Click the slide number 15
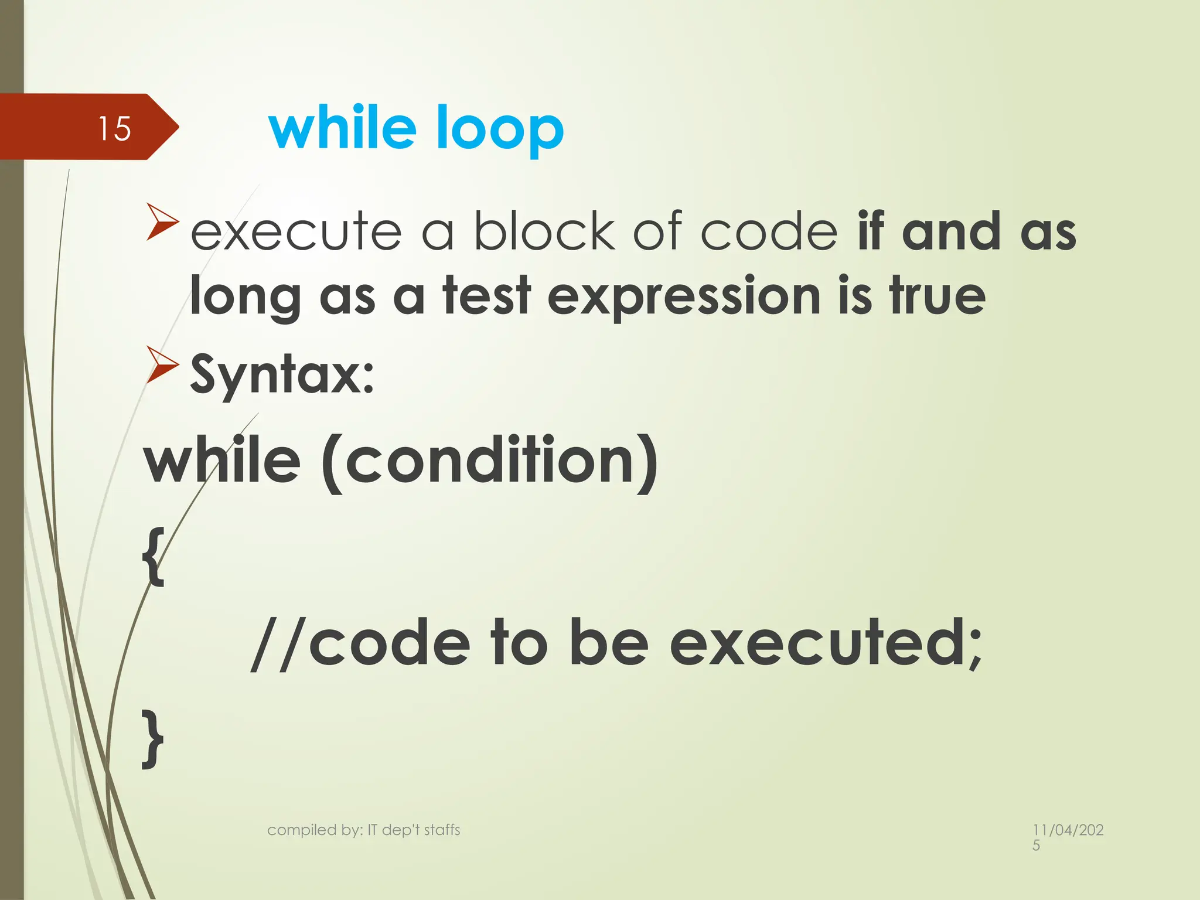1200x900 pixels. pos(114,128)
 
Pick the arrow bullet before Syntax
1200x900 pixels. pos(162,364)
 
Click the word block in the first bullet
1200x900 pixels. pos(544,231)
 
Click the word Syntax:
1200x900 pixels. pos(282,375)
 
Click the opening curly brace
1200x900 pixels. pos(153,555)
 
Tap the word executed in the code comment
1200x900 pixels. pos(826,644)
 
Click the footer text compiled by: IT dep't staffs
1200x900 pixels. pos(363,830)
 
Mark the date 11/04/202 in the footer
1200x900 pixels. pos(1068,830)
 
